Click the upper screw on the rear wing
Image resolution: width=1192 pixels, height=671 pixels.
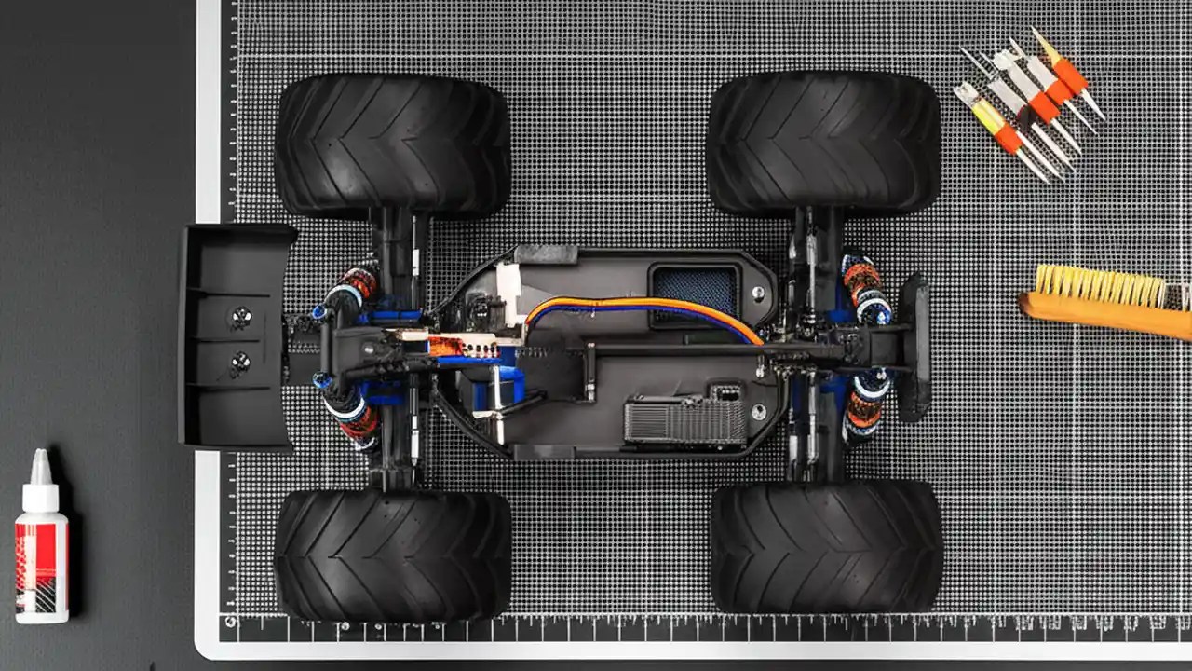240,318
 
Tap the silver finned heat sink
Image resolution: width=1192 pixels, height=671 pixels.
684,420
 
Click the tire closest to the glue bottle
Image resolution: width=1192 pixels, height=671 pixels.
392,554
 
